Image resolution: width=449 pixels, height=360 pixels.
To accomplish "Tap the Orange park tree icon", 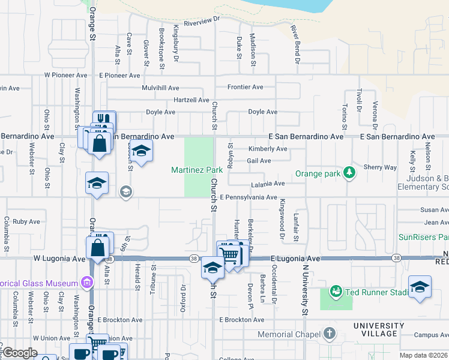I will tap(349, 174).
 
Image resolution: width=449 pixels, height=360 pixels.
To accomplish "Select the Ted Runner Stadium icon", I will tap(336, 292).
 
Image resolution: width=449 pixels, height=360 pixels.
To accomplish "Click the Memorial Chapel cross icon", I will tap(329, 334).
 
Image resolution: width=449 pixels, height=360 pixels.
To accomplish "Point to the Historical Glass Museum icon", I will tap(87, 283).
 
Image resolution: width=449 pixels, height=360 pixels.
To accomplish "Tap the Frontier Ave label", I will tap(245, 87).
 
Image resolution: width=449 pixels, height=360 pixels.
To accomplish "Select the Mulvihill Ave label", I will tap(160, 88).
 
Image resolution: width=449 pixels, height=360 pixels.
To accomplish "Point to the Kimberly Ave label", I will tap(268, 149).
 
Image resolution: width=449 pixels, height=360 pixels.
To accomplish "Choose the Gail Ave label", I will tap(259, 161).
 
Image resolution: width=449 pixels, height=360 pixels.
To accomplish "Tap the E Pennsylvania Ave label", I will tap(248, 197).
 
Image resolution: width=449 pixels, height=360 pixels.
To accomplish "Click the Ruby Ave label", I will tap(26, 221).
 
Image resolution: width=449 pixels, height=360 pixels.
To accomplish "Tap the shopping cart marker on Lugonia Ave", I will tap(230, 254).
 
